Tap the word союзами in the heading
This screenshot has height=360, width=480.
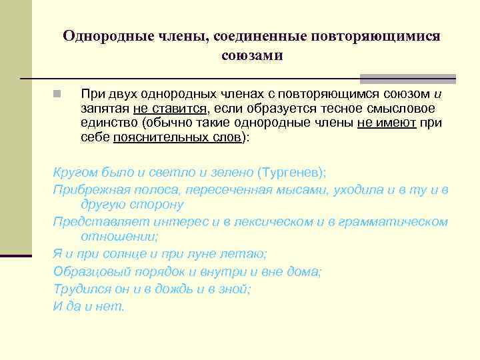pos(252,56)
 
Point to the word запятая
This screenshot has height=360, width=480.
pos(104,109)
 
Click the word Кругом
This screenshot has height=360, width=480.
pos(73,173)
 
